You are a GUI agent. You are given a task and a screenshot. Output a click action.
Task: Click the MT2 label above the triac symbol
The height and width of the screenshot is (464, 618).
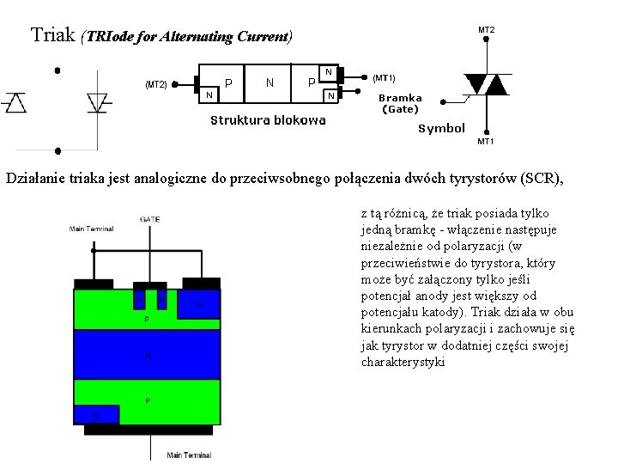(x=486, y=30)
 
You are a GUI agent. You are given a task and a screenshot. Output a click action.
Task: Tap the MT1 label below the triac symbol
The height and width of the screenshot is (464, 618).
(x=485, y=141)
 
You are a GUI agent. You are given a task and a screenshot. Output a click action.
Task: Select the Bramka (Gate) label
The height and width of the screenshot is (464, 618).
(x=400, y=103)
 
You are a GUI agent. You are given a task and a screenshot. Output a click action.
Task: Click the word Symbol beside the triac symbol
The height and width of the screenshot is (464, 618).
(x=441, y=128)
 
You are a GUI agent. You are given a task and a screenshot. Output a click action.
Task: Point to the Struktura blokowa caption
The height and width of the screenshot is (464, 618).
(x=268, y=120)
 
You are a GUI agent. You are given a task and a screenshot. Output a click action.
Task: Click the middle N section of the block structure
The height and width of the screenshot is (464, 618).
(x=270, y=83)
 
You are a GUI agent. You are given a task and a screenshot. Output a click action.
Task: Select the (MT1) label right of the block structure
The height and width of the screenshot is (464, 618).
(x=383, y=78)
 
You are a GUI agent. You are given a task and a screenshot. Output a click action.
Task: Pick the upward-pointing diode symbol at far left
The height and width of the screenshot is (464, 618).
(x=16, y=102)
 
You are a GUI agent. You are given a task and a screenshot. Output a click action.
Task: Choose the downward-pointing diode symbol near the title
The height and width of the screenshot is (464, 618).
(x=97, y=102)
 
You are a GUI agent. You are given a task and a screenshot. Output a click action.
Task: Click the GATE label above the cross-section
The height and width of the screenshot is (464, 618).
(x=150, y=220)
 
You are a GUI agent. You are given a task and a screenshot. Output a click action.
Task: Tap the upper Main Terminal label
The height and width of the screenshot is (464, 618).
(x=92, y=229)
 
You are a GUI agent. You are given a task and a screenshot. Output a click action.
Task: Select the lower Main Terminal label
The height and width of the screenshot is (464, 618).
(x=189, y=455)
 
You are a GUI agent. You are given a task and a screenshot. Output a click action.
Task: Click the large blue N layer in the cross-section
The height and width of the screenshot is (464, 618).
(x=147, y=355)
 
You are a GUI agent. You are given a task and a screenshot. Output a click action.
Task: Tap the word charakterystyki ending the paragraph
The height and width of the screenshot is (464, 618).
(x=403, y=362)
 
